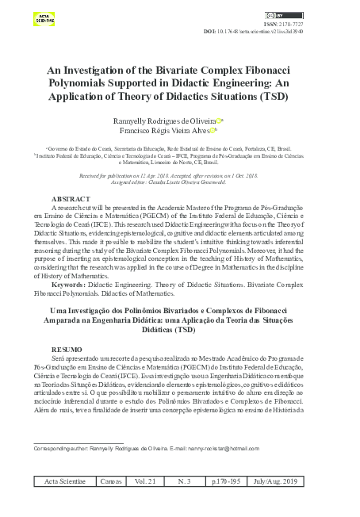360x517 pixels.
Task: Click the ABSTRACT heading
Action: [71, 197]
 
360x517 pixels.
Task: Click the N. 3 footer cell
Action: [187, 481]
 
